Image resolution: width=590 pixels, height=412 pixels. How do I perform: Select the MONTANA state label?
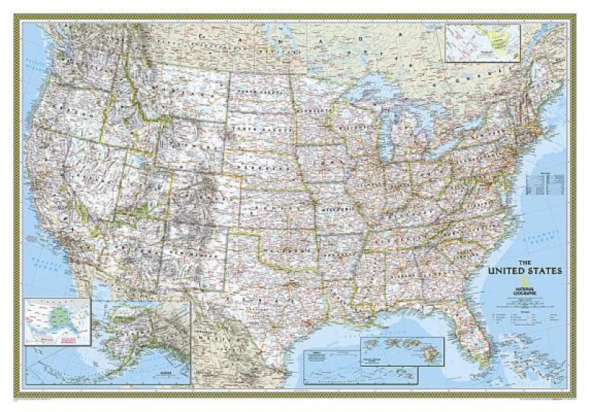[184, 96]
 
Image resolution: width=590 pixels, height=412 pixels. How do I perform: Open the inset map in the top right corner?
[483, 42]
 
